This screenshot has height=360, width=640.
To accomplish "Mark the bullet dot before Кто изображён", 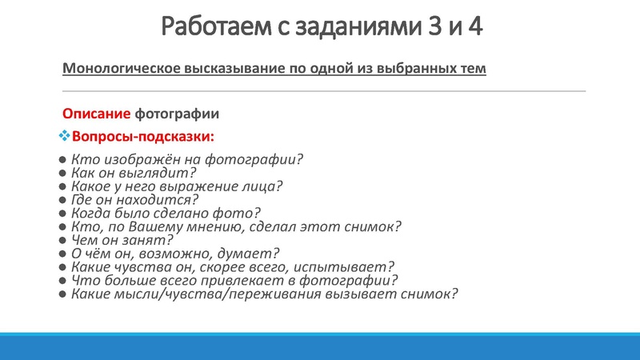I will point(62,159).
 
